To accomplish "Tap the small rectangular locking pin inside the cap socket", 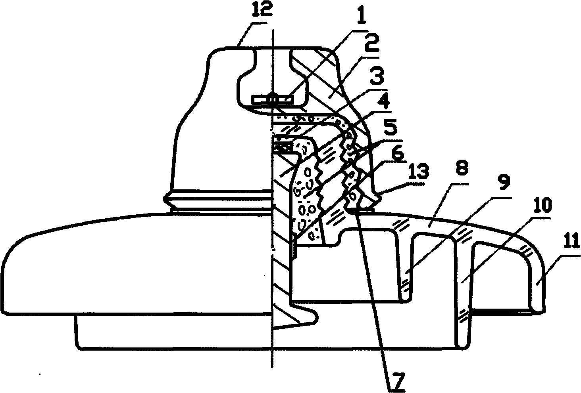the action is pyautogui.click(x=272, y=99).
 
